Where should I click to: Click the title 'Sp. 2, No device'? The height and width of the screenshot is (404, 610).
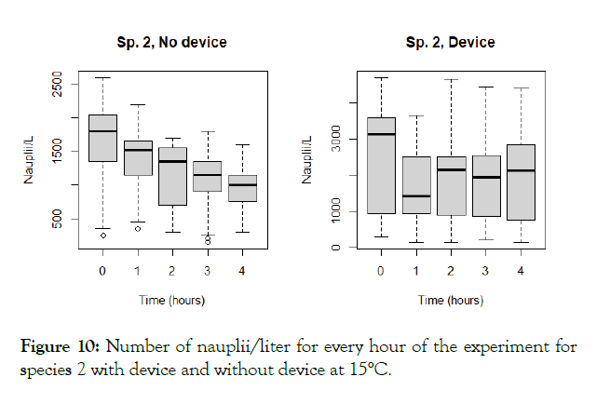pyautogui.click(x=171, y=43)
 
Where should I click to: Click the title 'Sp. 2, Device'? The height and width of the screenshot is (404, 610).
pyautogui.click(x=451, y=43)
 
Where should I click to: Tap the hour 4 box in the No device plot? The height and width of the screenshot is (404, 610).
pyautogui.click(x=242, y=188)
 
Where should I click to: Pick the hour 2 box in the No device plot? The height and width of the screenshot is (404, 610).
pyautogui.click(x=172, y=176)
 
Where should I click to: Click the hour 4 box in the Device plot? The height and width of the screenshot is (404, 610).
pyautogui.click(x=521, y=182)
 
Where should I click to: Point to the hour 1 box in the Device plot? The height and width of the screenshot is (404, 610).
pyautogui.click(x=416, y=185)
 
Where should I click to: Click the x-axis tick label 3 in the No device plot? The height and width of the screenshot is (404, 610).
pyautogui.click(x=207, y=270)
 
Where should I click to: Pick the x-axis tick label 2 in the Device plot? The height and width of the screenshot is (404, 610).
pyautogui.click(x=451, y=270)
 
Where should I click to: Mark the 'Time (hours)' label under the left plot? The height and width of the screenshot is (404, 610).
pyautogui.click(x=172, y=300)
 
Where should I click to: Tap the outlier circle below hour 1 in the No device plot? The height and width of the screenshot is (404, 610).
pyautogui.click(x=138, y=229)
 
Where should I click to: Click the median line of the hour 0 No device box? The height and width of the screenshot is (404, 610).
pyautogui.click(x=102, y=131)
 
